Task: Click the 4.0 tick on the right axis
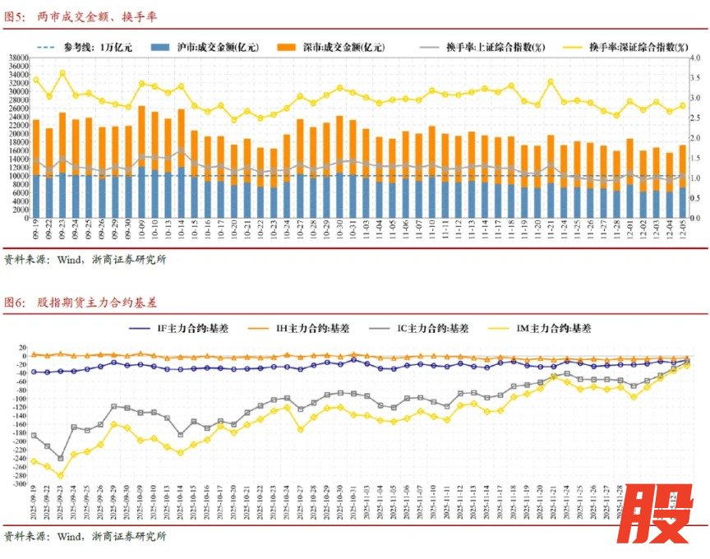(694, 58)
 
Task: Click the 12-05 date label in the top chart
(682, 229)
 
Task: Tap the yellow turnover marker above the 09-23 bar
(62, 73)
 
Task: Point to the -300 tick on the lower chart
(17, 484)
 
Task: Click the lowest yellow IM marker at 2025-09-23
(61, 476)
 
